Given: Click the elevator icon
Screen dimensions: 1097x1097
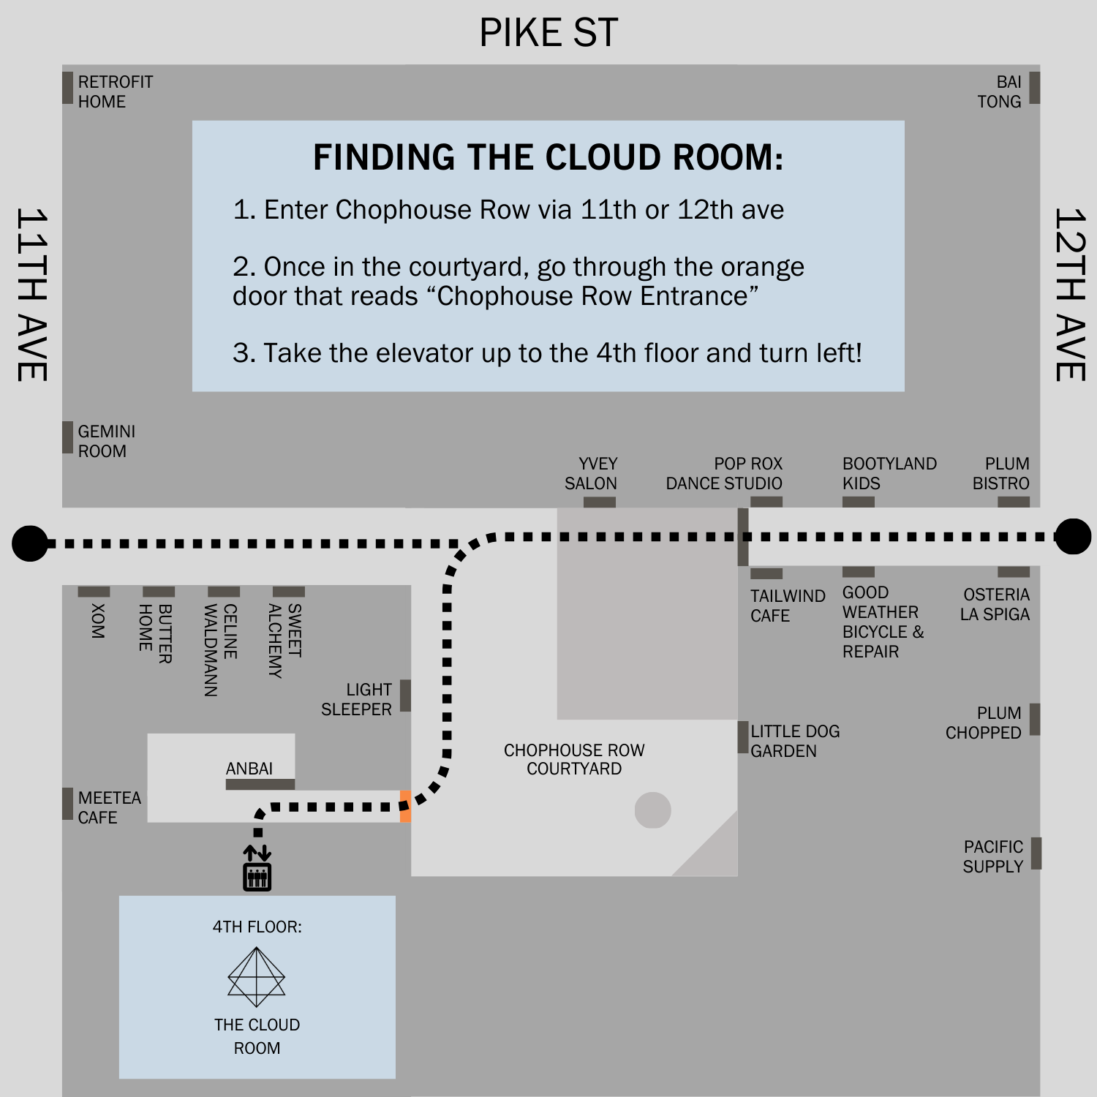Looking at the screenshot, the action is point(257,869).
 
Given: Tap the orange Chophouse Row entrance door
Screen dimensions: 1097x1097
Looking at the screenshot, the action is point(405,806).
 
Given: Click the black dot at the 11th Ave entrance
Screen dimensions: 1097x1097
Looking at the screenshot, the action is point(30,543).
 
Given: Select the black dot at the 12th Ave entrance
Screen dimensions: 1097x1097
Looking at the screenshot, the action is point(1073,537).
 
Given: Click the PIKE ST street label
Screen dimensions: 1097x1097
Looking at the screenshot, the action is point(548,33).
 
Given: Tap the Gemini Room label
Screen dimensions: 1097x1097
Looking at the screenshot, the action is point(107,441).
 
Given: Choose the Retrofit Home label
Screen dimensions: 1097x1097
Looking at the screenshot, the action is point(116,91).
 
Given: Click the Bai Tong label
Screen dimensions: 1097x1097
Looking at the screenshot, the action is point(1000,91).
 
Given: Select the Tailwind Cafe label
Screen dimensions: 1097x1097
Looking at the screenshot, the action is point(787,606).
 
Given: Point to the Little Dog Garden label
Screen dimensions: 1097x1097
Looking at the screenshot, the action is point(795,741).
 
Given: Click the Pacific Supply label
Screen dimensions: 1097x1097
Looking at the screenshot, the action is point(993,856).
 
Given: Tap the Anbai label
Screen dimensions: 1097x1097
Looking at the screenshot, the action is point(249,769).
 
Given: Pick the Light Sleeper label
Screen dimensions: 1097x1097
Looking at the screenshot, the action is point(357,699).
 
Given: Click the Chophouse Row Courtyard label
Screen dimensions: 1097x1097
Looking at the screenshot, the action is point(574,759).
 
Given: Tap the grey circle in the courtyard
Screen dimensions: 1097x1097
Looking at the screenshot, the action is point(652,810).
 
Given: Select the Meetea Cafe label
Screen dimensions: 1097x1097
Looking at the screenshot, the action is point(110,807).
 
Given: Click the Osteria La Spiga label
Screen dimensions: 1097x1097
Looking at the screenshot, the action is point(995,604).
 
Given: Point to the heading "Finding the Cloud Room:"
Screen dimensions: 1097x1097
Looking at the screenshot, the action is point(548,157).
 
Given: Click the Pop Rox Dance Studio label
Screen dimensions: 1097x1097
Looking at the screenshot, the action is point(724,473).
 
